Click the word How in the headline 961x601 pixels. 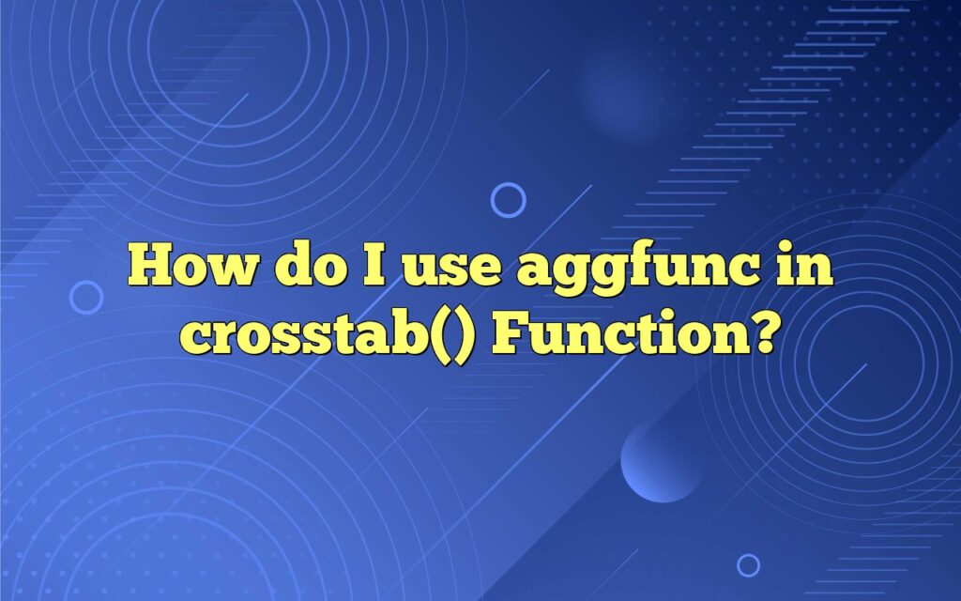click(x=191, y=265)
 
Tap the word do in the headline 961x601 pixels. click(x=311, y=265)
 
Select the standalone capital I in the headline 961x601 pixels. click(x=374, y=265)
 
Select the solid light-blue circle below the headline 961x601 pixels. click(x=662, y=461)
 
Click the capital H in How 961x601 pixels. click(x=151, y=265)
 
